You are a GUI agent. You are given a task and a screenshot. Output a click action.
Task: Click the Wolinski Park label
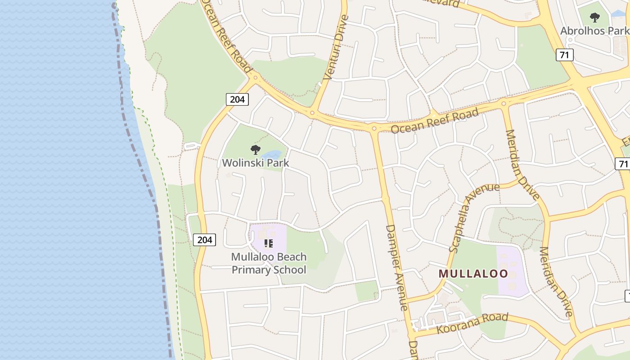[x=256, y=162]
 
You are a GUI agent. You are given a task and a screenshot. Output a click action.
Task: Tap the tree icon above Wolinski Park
[x=256, y=150]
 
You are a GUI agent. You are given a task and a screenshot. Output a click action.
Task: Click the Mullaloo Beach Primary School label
[x=269, y=263]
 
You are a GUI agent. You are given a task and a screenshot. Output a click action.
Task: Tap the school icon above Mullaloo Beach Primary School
[x=269, y=243]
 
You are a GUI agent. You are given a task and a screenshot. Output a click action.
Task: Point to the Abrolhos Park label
[x=594, y=31]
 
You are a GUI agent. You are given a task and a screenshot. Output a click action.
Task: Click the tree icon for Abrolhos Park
[x=595, y=18]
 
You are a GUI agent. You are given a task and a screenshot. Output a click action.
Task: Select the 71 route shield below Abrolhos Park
[x=564, y=55]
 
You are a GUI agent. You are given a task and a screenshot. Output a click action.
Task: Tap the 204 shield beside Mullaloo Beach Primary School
[x=205, y=240]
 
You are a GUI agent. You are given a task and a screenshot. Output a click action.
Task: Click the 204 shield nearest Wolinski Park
[x=237, y=99]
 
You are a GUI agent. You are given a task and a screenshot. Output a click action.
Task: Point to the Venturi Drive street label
[x=336, y=48]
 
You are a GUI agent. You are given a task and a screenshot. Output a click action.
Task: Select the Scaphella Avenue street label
[x=474, y=217]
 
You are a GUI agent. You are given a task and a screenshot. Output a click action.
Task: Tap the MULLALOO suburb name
[x=473, y=274]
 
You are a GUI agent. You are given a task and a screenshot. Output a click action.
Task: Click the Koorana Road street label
[x=472, y=323]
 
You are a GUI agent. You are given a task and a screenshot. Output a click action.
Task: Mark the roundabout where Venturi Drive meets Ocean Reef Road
[x=312, y=112]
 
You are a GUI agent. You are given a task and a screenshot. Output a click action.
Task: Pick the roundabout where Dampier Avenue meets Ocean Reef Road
[x=374, y=128]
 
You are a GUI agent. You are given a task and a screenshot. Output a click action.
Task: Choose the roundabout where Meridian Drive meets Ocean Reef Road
[x=504, y=103]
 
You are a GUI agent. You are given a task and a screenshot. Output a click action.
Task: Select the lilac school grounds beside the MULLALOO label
[x=512, y=270]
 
